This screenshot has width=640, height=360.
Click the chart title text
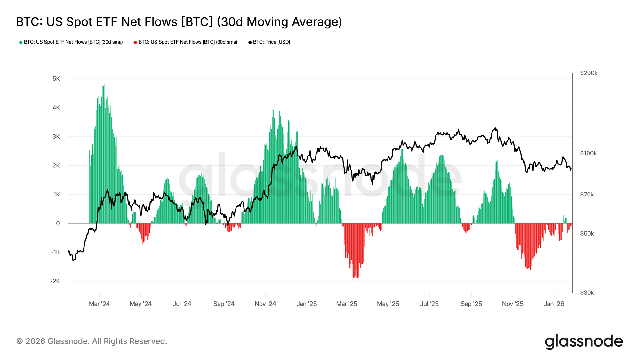[179, 22]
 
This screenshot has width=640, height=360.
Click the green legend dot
[21, 42]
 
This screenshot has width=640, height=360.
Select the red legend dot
[135, 42]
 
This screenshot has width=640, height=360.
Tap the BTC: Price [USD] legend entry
[271, 42]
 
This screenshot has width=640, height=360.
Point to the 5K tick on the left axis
[56, 79]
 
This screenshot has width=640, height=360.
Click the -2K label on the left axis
[55, 281]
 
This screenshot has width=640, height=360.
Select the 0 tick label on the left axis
[58, 223]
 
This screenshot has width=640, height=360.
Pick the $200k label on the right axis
[588, 73]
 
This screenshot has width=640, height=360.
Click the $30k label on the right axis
[587, 292]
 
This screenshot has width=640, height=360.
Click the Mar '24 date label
[99, 304]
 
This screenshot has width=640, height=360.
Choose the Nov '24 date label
[265, 304]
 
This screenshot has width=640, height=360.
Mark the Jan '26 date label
[554, 304]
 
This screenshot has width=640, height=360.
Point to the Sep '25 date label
[471, 304]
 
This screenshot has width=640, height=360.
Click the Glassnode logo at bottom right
[584, 342]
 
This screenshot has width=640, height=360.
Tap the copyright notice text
[92, 341]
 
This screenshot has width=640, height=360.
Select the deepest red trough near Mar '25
[359, 280]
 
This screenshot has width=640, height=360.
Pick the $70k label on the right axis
[587, 195]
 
